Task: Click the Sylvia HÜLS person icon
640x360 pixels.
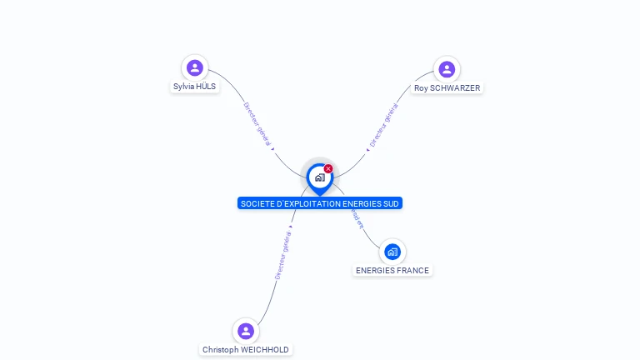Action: coord(195,67)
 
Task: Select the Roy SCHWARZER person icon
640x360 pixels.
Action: coord(447,69)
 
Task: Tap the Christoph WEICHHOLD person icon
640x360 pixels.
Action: coord(245,331)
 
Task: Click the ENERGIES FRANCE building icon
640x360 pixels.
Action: coord(392,252)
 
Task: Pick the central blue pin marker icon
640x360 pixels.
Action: coord(319,177)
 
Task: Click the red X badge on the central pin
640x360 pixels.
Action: coord(328,169)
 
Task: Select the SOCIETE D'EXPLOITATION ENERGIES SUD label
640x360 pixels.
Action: coord(319,203)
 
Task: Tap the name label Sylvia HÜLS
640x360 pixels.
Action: coord(195,87)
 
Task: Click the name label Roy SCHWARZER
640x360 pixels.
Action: coord(447,88)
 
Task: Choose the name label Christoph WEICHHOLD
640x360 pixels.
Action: coord(246,350)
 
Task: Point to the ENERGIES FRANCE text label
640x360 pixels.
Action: coord(392,271)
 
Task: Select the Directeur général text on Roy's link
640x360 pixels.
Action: coord(383,126)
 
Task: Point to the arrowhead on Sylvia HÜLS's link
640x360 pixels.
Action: coord(272,149)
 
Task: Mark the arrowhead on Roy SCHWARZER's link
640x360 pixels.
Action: coord(367,150)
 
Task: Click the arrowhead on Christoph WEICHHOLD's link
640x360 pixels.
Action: coord(291,227)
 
